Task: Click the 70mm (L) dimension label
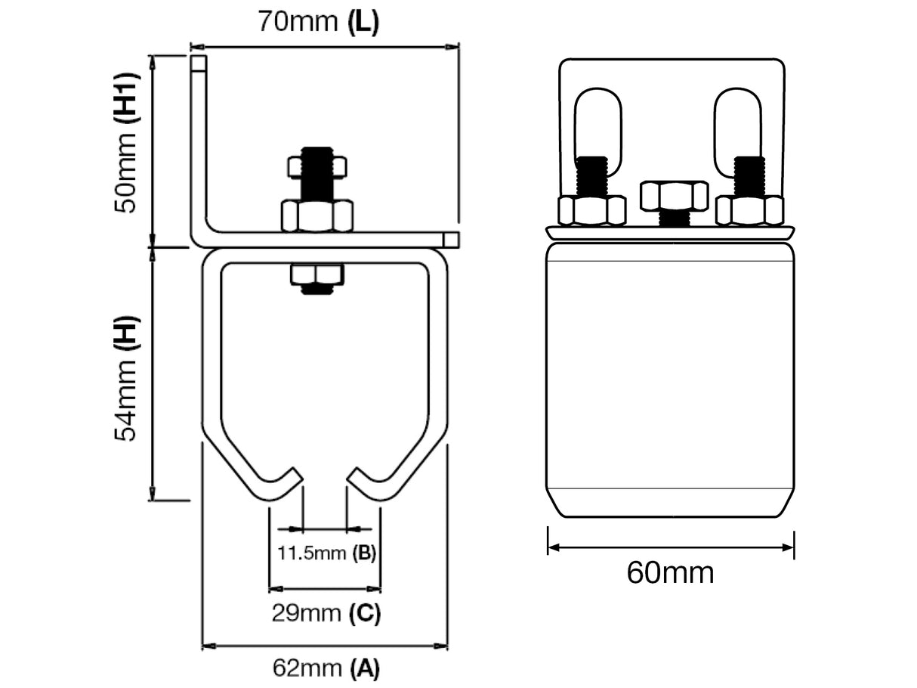(x=318, y=21)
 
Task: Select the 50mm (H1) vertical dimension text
(x=126, y=143)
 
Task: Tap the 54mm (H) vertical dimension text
(x=126, y=378)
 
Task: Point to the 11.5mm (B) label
(x=326, y=553)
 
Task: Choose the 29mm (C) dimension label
(x=326, y=612)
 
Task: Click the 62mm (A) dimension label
(x=326, y=668)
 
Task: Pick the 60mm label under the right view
(x=670, y=573)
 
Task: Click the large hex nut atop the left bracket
(x=316, y=216)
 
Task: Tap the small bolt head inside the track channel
(x=316, y=276)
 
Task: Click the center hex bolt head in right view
(x=674, y=196)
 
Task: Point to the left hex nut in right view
(x=591, y=210)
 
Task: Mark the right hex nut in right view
(x=749, y=210)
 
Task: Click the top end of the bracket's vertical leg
(x=198, y=62)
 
